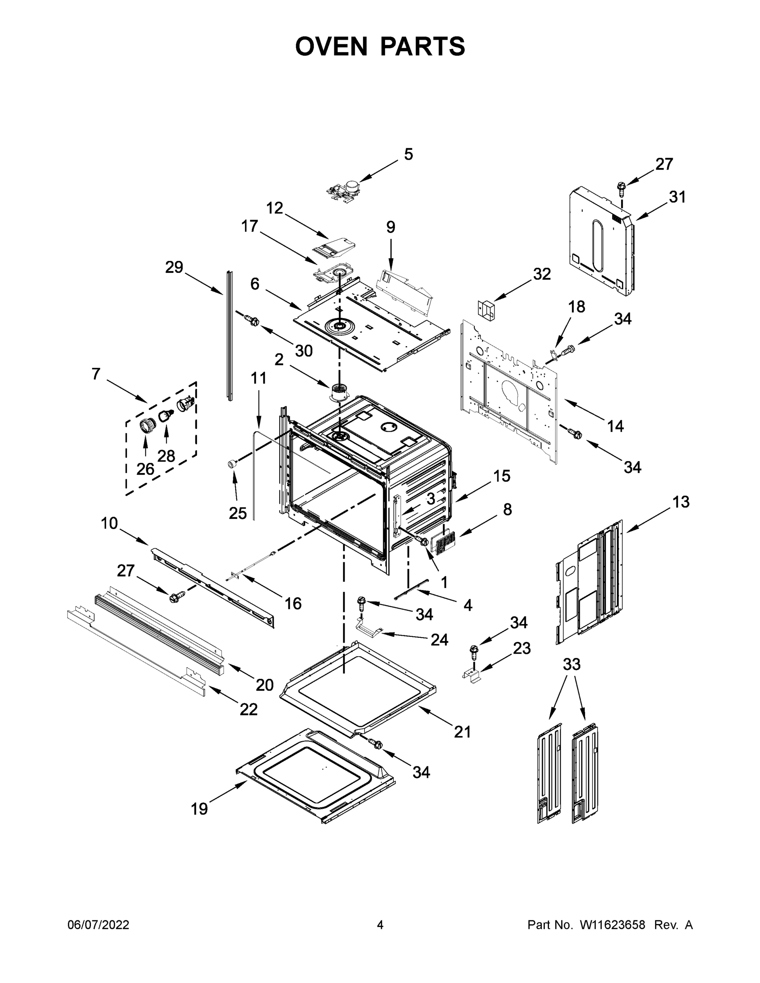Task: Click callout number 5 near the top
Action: click(x=408, y=154)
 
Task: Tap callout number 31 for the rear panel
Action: click(x=677, y=197)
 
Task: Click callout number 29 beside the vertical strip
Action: click(x=174, y=267)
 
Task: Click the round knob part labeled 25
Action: click(x=233, y=464)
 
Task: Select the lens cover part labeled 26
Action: click(x=147, y=424)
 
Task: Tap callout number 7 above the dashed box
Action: click(x=96, y=374)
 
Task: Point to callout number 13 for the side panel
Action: click(x=681, y=501)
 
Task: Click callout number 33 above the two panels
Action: click(x=572, y=664)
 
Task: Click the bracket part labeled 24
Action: click(x=368, y=628)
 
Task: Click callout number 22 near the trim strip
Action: click(x=248, y=709)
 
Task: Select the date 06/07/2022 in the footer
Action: click(x=98, y=925)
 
